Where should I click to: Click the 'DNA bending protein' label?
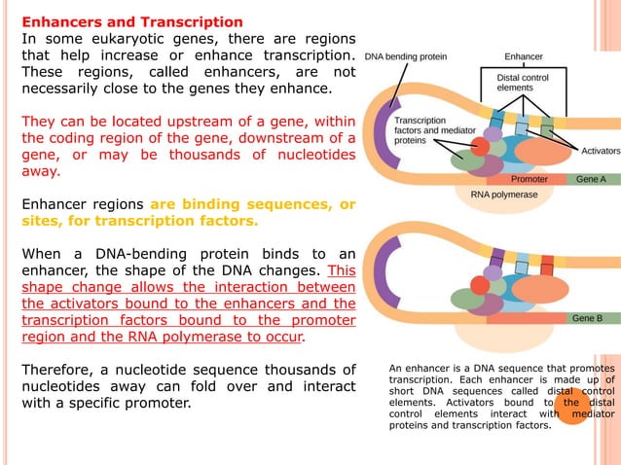(406, 56)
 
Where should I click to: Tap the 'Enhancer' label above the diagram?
(523, 56)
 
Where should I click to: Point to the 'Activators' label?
(600, 151)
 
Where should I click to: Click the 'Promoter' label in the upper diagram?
(530, 179)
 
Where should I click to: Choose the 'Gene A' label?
(590, 179)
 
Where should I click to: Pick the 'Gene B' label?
(587, 318)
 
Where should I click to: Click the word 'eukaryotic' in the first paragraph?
(123, 39)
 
